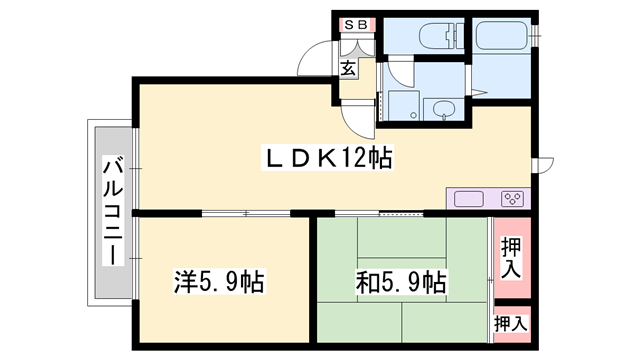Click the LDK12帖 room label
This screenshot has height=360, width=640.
pos(326,157)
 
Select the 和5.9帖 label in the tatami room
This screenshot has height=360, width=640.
pos(399,282)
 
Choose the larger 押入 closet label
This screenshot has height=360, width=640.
pos(510,258)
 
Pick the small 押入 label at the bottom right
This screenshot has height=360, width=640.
pos(510,323)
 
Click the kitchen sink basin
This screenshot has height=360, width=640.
pos(470,198)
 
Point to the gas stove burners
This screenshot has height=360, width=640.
pos(513,198)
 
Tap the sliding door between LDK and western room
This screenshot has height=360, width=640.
pos(245,213)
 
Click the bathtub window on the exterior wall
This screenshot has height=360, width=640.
pos(537,37)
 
